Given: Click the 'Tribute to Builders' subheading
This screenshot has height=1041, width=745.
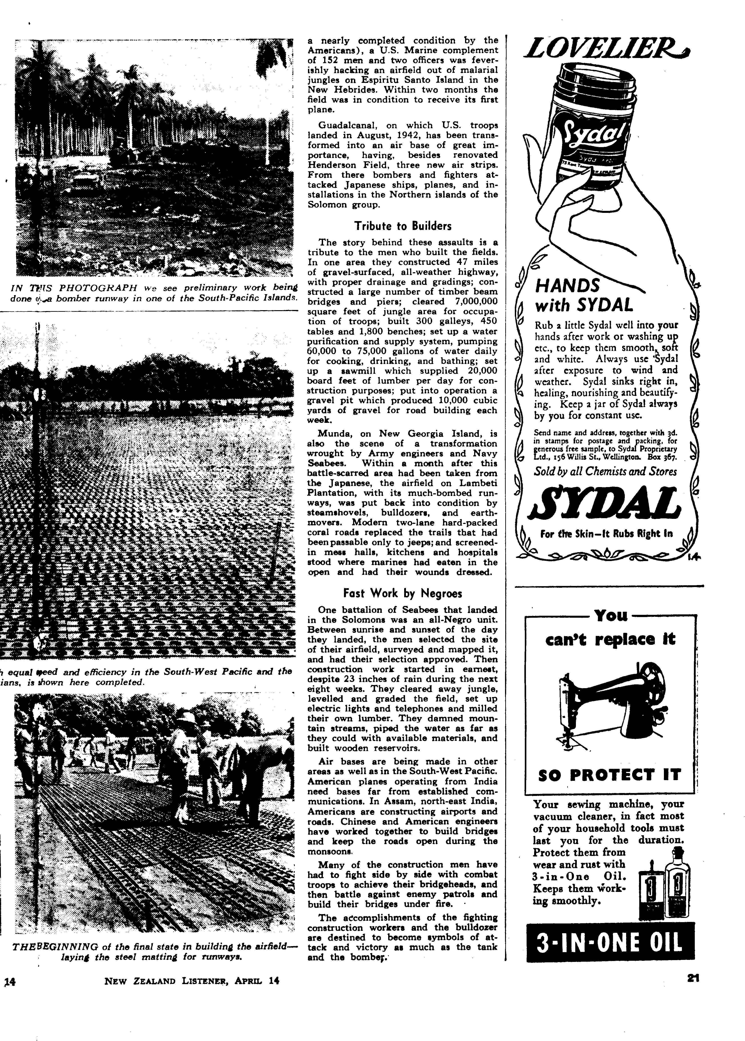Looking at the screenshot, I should tap(402, 226).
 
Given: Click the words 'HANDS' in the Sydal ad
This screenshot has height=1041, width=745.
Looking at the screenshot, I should tap(567, 286).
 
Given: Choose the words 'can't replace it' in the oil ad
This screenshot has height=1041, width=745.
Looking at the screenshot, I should tap(610, 639).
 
